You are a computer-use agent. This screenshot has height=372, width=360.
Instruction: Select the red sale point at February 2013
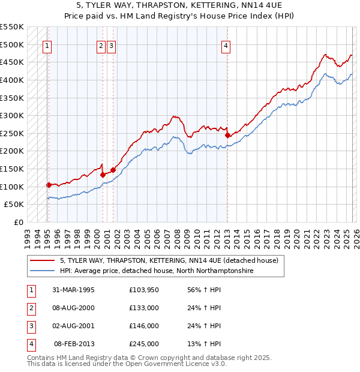[x=227, y=135]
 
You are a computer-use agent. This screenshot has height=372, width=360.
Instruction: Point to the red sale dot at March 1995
[x=49, y=185]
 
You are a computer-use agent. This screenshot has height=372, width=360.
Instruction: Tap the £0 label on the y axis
[x=19, y=222]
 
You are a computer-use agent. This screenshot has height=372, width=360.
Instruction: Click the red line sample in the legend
[x=43, y=261]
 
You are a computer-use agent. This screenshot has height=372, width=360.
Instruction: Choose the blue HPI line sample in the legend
[x=43, y=271]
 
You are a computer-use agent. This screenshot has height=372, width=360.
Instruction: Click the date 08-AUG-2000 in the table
[x=73, y=308]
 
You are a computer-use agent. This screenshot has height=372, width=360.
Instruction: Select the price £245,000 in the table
[x=144, y=344]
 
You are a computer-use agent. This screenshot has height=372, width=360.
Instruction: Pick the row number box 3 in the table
[x=31, y=326]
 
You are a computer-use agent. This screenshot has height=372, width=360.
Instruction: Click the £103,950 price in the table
[x=144, y=290]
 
